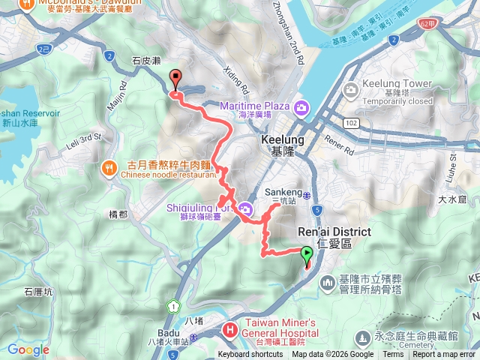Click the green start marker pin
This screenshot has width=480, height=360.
coord(307,254)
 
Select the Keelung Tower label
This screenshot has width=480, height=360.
coord(396,83)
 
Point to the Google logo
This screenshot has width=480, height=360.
coord(28,349)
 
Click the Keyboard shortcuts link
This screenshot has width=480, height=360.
coord(250,355)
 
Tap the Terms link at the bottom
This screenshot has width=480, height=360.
coord(393,355)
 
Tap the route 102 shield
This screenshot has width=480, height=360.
coord(351,121)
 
